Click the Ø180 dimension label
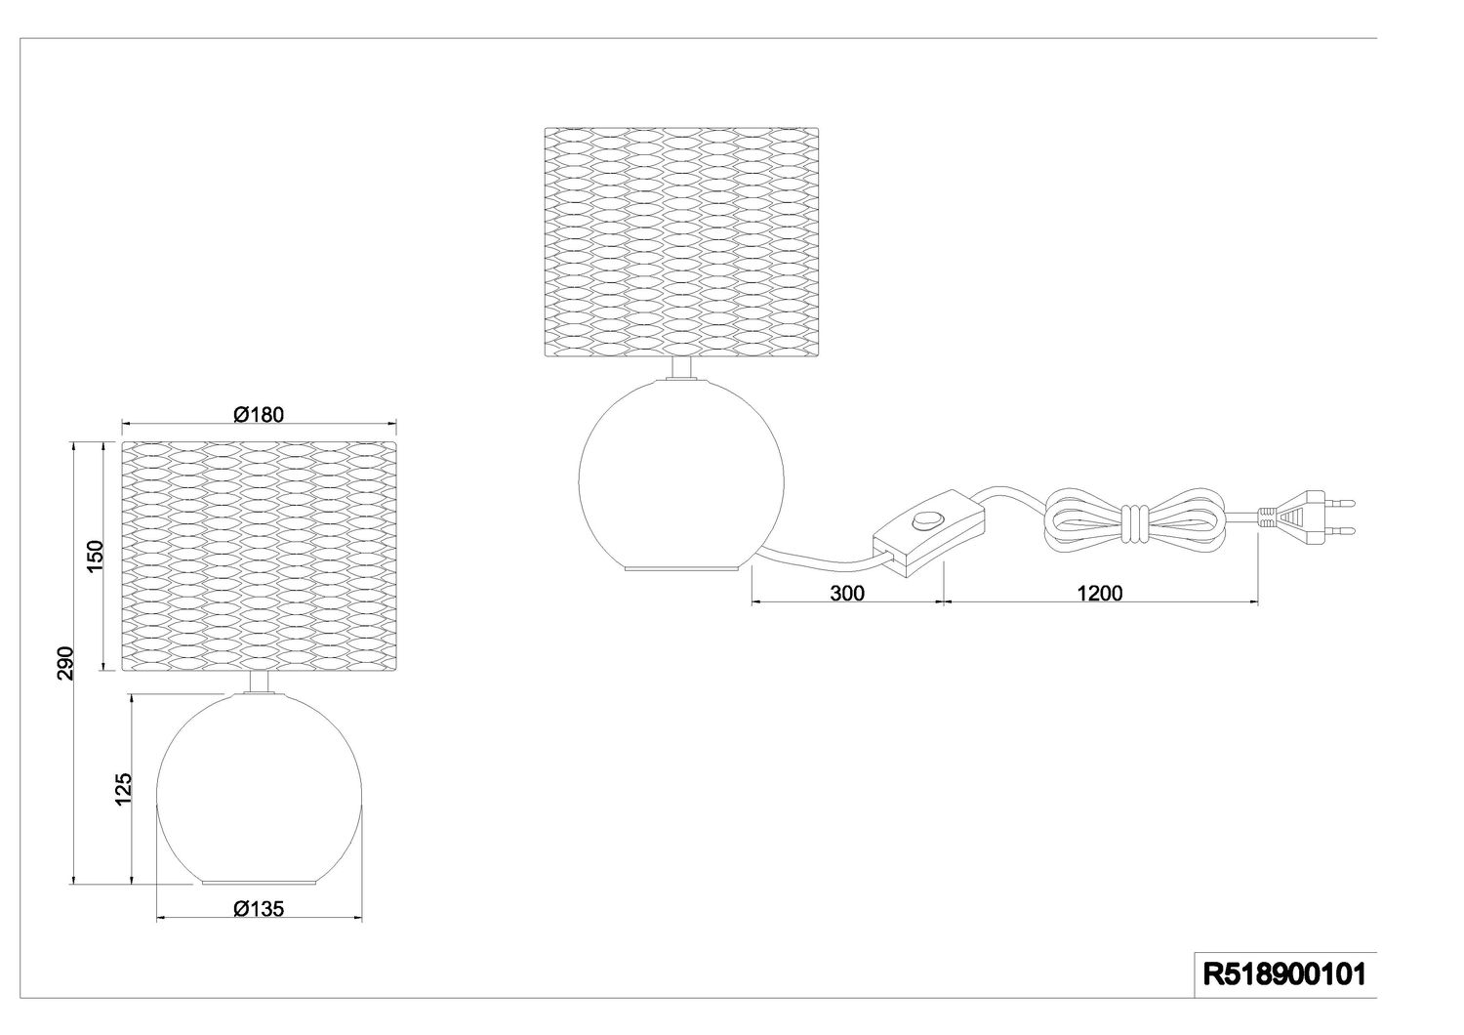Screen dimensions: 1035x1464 [259, 414]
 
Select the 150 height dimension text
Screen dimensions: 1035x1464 [96, 556]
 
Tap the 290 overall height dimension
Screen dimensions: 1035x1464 [65, 664]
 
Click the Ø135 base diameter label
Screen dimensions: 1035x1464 [259, 909]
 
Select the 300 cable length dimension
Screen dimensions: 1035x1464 [847, 593]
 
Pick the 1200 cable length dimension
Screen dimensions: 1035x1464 [1100, 593]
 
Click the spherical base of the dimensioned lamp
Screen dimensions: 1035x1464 [259, 786]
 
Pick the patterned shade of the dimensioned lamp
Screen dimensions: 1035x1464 [260, 557]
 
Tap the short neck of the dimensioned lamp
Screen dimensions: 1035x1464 [260, 683]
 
